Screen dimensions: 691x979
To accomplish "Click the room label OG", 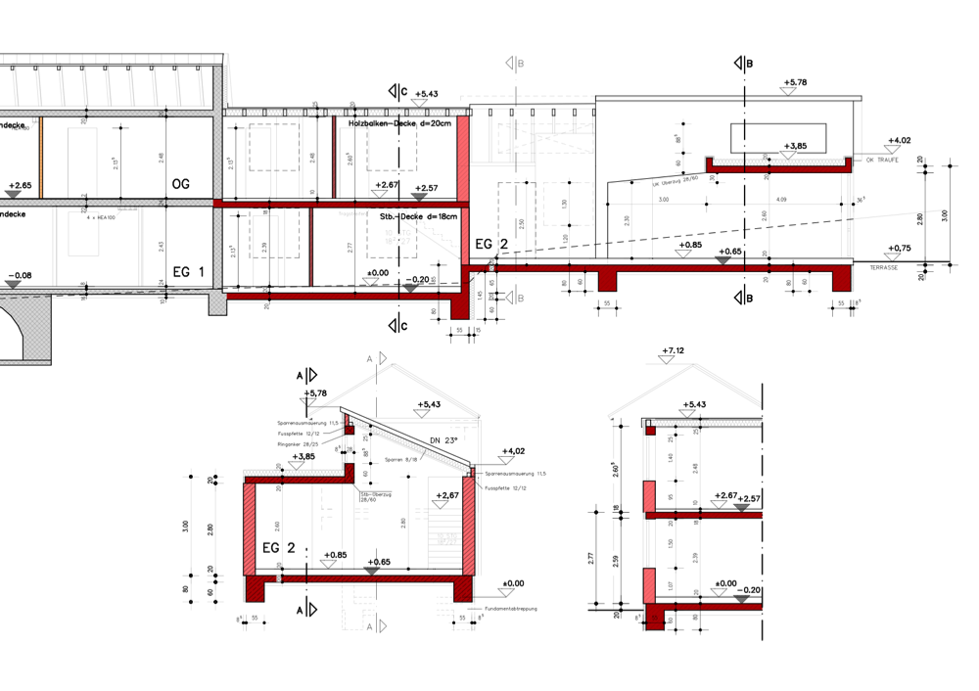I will pyautogui.click(x=180, y=184).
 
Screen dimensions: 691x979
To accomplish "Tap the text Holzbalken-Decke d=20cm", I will pyautogui.click(x=399, y=124).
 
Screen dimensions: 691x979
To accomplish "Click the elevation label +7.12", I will pyautogui.click(x=672, y=350).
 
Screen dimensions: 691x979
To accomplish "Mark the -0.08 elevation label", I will pyautogui.click(x=21, y=275).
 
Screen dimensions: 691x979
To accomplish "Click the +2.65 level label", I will pyautogui.click(x=20, y=184).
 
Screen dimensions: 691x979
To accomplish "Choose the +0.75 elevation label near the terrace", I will pyautogui.click(x=899, y=249).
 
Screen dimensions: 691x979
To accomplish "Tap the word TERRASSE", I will pyautogui.click(x=882, y=265).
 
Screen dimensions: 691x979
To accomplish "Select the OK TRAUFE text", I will pyautogui.click(x=882, y=160).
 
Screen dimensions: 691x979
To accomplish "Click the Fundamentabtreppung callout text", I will pyautogui.click(x=509, y=609).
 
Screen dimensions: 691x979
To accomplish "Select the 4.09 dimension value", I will pyautogui.click(x=780, y=200).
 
